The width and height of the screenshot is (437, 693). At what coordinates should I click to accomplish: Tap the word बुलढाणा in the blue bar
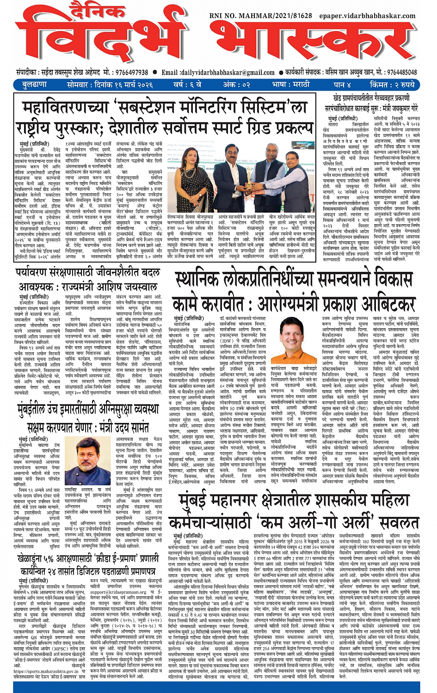35,85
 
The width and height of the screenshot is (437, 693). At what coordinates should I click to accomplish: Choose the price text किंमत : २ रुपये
392,85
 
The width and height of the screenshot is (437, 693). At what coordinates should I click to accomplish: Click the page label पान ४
342,85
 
